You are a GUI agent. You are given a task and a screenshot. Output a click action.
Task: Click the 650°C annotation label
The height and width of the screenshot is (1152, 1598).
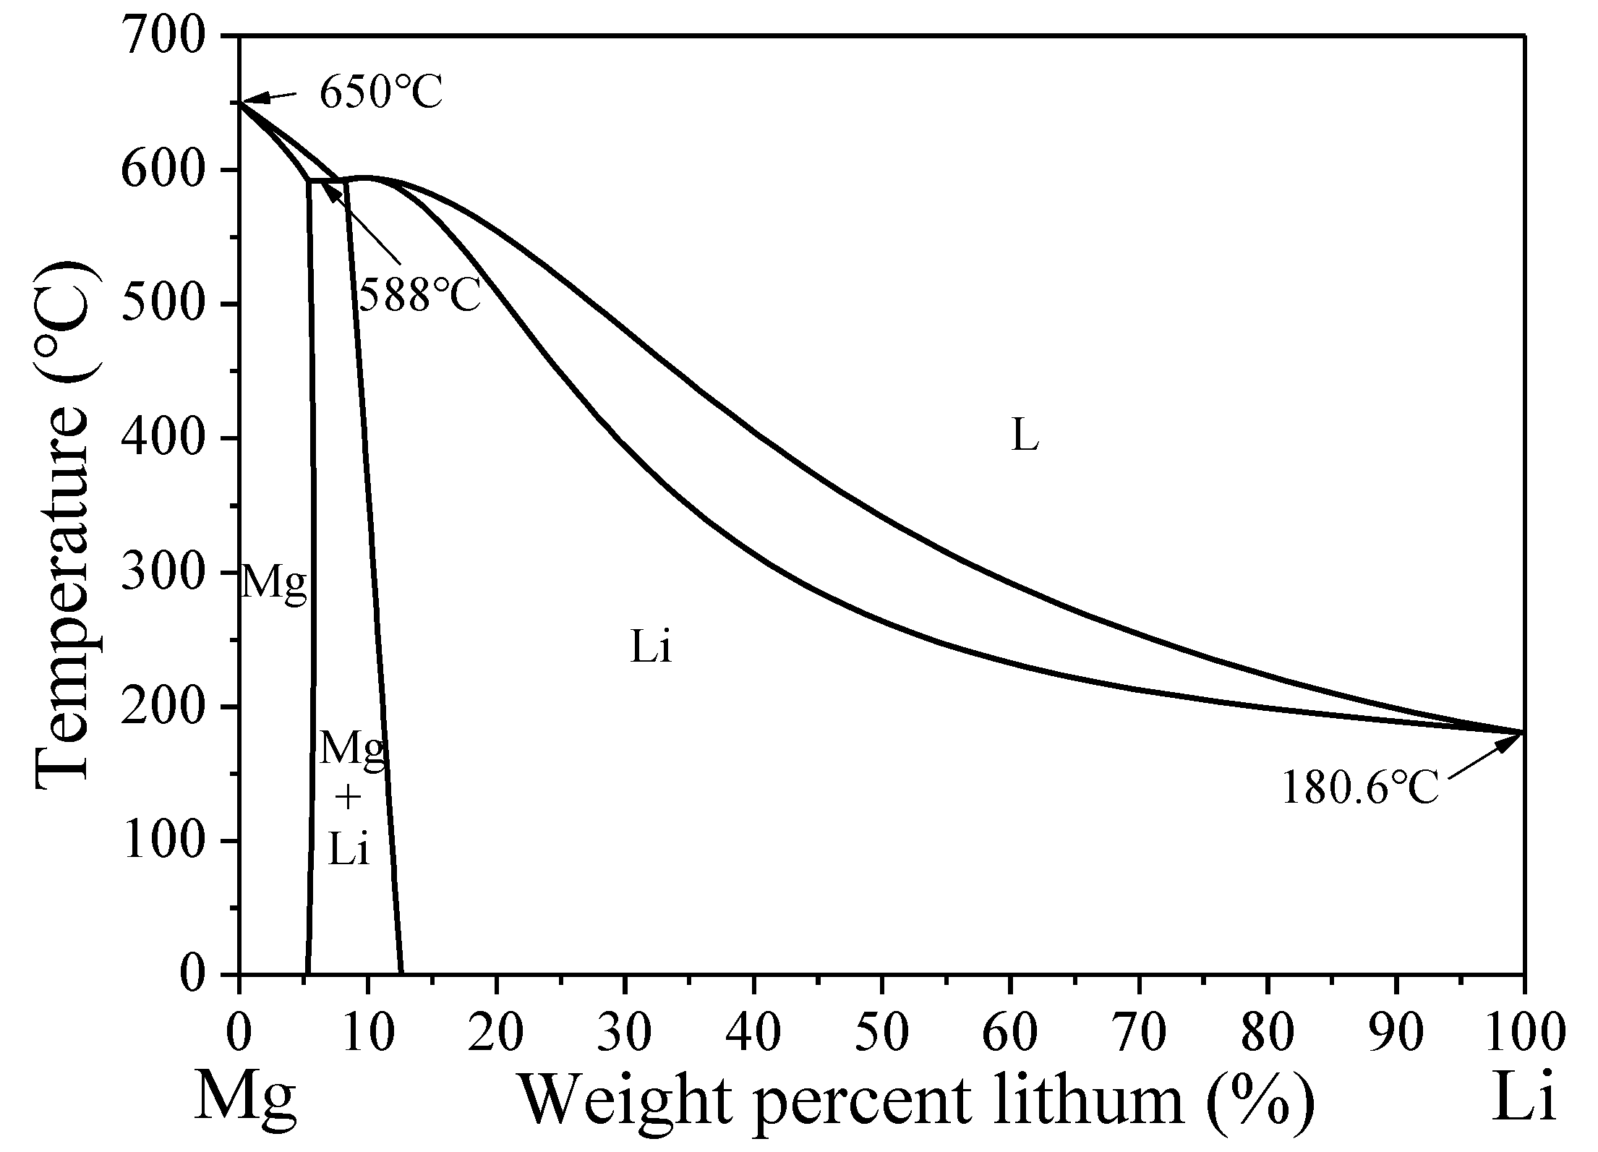coord(381,93)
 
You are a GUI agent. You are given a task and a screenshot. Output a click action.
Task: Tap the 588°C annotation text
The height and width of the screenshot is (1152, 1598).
coord(419,295)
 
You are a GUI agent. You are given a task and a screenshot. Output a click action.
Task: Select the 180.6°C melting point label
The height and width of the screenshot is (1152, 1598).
coord(1359,788)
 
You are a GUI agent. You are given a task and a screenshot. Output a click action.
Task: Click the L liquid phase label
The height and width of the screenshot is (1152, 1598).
coord(1024,436)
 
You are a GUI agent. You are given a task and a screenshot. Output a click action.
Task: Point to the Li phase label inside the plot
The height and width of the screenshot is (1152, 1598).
coord(651,648)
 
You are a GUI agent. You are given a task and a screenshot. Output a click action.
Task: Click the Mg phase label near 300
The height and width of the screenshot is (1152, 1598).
coord(273,584)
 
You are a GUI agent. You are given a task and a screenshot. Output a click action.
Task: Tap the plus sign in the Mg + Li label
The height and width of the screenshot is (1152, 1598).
coord(349,798)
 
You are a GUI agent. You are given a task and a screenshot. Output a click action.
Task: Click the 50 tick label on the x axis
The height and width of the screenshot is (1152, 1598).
coord(882,1034)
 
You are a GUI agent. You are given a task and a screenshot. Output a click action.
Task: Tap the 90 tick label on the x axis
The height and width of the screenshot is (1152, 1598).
coord(1396,1034)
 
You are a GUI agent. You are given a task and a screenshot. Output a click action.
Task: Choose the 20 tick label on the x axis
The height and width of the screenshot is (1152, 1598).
coord(496,1034)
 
